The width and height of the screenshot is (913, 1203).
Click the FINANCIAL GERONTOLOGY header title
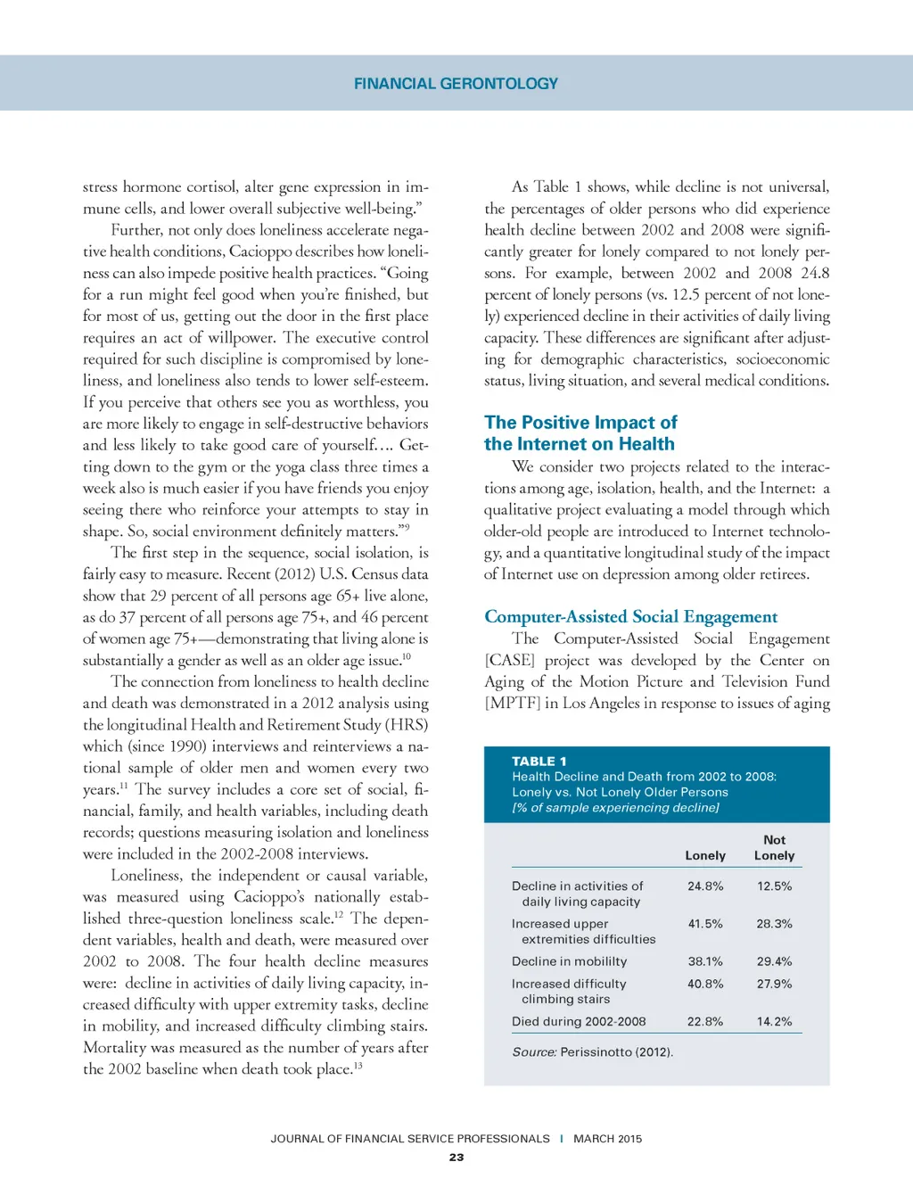point(456,84)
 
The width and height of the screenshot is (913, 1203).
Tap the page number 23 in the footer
point(456,1158)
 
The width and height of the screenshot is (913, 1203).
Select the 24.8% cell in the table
point(705,886)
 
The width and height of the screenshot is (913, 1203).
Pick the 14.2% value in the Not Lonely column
point(774,1022)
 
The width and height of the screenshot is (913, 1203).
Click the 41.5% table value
point(705,924)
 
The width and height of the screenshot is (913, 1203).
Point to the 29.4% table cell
point(774,961)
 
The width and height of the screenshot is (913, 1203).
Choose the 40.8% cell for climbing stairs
point(705,984)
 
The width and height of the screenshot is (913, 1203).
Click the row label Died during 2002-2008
point(579,1022)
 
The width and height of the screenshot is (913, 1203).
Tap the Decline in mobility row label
point(569,961)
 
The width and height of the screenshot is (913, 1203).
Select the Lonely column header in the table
point(705,855)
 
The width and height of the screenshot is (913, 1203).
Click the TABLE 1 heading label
point(539,762)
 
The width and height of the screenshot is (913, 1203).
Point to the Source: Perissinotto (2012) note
point(592,1052)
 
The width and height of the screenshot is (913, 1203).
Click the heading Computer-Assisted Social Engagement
point(630,617)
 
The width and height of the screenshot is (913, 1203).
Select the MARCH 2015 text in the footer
point(607,1139)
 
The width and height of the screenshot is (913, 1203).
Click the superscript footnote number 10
point(407,656)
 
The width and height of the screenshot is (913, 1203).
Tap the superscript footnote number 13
point(358,1065)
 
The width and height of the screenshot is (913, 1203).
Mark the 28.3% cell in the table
point(774,924)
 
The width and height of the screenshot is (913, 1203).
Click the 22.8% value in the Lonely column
point(705,1022)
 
